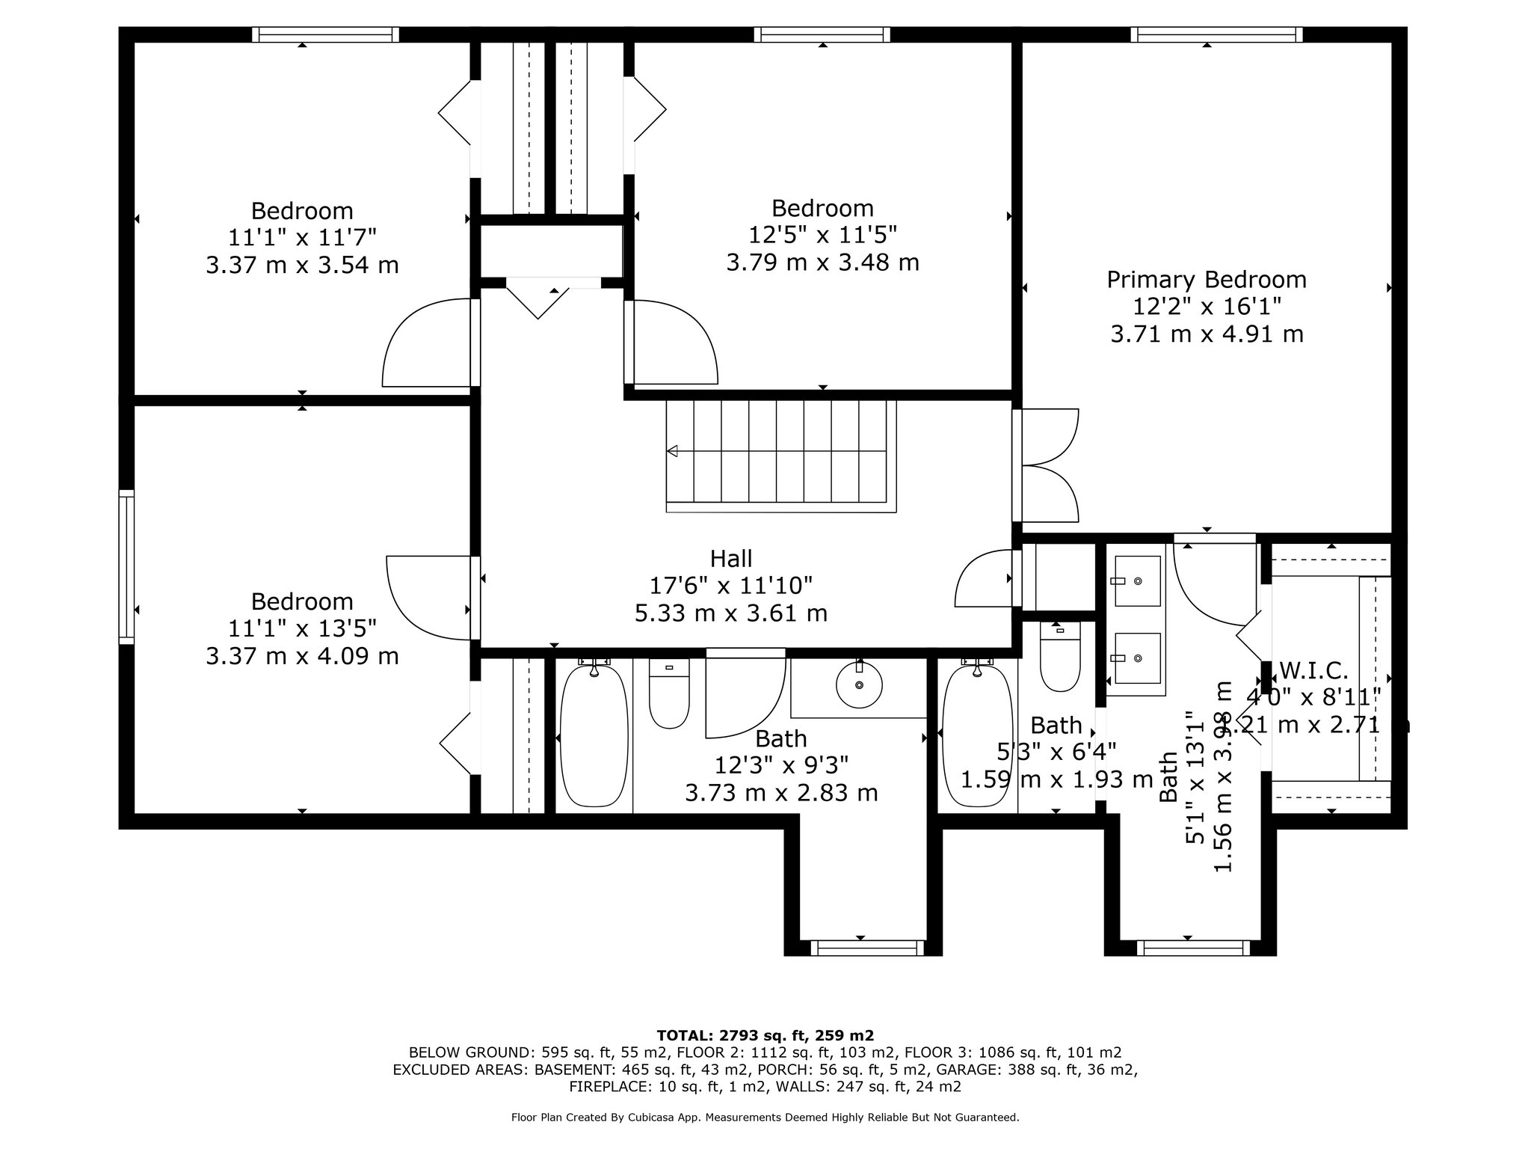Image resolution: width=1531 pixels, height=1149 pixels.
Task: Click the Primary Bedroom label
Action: [x=1207, y=280]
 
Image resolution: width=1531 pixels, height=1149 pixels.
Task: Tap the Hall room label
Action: [x=731, y=559]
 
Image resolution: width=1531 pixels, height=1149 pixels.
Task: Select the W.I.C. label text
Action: [x=1313, y=670]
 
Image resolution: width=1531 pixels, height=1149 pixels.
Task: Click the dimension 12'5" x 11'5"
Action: [x=822, y=235]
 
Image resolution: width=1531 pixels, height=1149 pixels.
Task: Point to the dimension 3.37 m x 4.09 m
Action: [x=302, y=656]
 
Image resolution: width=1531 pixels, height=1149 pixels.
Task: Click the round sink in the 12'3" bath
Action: [x=859, y=684]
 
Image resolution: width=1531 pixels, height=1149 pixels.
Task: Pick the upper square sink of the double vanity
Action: [x=1137, y=581]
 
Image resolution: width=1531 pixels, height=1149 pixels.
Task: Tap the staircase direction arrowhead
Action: [x=672, y=451]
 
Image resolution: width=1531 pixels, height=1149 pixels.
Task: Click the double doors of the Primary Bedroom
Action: [x=1047, y=465]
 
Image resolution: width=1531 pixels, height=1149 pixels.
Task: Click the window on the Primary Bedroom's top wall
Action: [x=1216, y=34]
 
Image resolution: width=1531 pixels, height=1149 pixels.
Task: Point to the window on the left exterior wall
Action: [x=127, y=566]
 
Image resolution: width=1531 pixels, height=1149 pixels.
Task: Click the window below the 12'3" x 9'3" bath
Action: [x=867, y=948]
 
